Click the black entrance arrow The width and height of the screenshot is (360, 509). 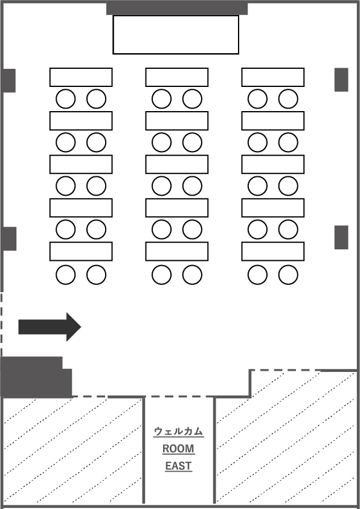(x=50, y=327)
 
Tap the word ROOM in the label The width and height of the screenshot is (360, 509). (x=178, y=449)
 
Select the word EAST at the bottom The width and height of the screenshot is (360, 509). (x=178, y=466)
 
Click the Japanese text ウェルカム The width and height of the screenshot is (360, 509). (x=178, y=432)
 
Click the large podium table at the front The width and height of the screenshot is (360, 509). (x=176, y=34)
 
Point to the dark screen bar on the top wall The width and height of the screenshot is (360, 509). (x=177, y=8)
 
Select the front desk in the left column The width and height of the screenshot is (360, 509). (x=81, y=77)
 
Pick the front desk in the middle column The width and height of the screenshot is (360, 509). (x=177, y=77)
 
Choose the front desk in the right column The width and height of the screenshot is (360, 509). (x=272, y=77)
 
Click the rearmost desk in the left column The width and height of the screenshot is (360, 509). (x=81, y=251)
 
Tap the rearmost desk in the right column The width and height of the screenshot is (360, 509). (x=272, y=251)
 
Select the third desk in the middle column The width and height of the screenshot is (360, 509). (x=177, y=164)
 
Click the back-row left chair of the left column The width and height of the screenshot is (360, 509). (x=66, y=275)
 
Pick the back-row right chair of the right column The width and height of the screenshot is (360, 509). (x=288, y=275)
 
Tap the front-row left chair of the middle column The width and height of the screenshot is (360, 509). (x=162, y=98)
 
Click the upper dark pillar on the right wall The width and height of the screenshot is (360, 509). (x=341, y=80)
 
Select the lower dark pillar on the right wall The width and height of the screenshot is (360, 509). (x=341, y=237)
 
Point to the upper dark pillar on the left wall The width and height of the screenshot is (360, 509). (x=9, y=80)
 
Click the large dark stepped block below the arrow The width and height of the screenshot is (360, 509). (x=36, y=377)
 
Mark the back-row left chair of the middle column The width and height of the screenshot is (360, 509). (x=162, y=275)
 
